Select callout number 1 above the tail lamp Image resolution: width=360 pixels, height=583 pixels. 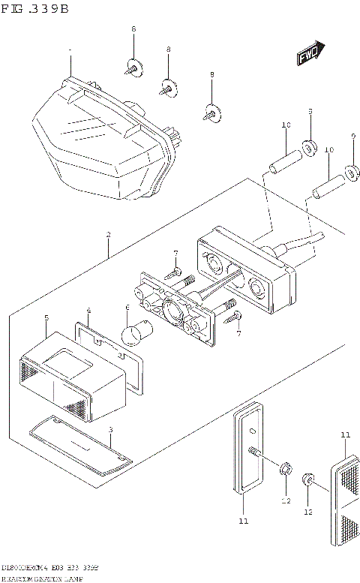point(70,52)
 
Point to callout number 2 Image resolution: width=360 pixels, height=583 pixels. point(108,235)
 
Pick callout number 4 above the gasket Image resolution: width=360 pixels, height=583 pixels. point(88,310)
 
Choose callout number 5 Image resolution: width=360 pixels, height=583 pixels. point(46,318)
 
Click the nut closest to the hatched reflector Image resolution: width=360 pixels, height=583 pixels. point(307,479)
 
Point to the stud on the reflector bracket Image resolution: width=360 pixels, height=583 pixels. point(255,453)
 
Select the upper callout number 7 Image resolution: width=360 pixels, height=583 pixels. point(175,254)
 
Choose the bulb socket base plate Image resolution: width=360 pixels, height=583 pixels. point(175,304)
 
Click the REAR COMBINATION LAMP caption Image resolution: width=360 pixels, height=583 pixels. point(41,578)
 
